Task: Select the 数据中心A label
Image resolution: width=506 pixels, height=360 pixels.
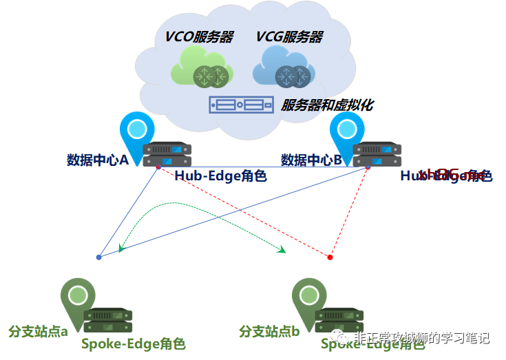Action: click(x=98, y=160)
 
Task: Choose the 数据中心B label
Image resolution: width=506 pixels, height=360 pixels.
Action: click(x=311, y=160)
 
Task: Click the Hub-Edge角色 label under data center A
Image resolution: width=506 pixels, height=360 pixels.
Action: click(x=220, y=176)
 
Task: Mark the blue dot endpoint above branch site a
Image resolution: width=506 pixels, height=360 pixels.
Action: click(x=99, y=257)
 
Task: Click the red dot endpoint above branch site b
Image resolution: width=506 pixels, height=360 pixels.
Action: click(x=330, y=257)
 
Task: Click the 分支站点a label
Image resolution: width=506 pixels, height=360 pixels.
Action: click(x=38, y=332)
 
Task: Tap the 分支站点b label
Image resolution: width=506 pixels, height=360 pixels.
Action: click(x=269, y=332)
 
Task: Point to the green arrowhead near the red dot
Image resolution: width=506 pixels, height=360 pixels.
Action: click(x=282, y=250)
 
